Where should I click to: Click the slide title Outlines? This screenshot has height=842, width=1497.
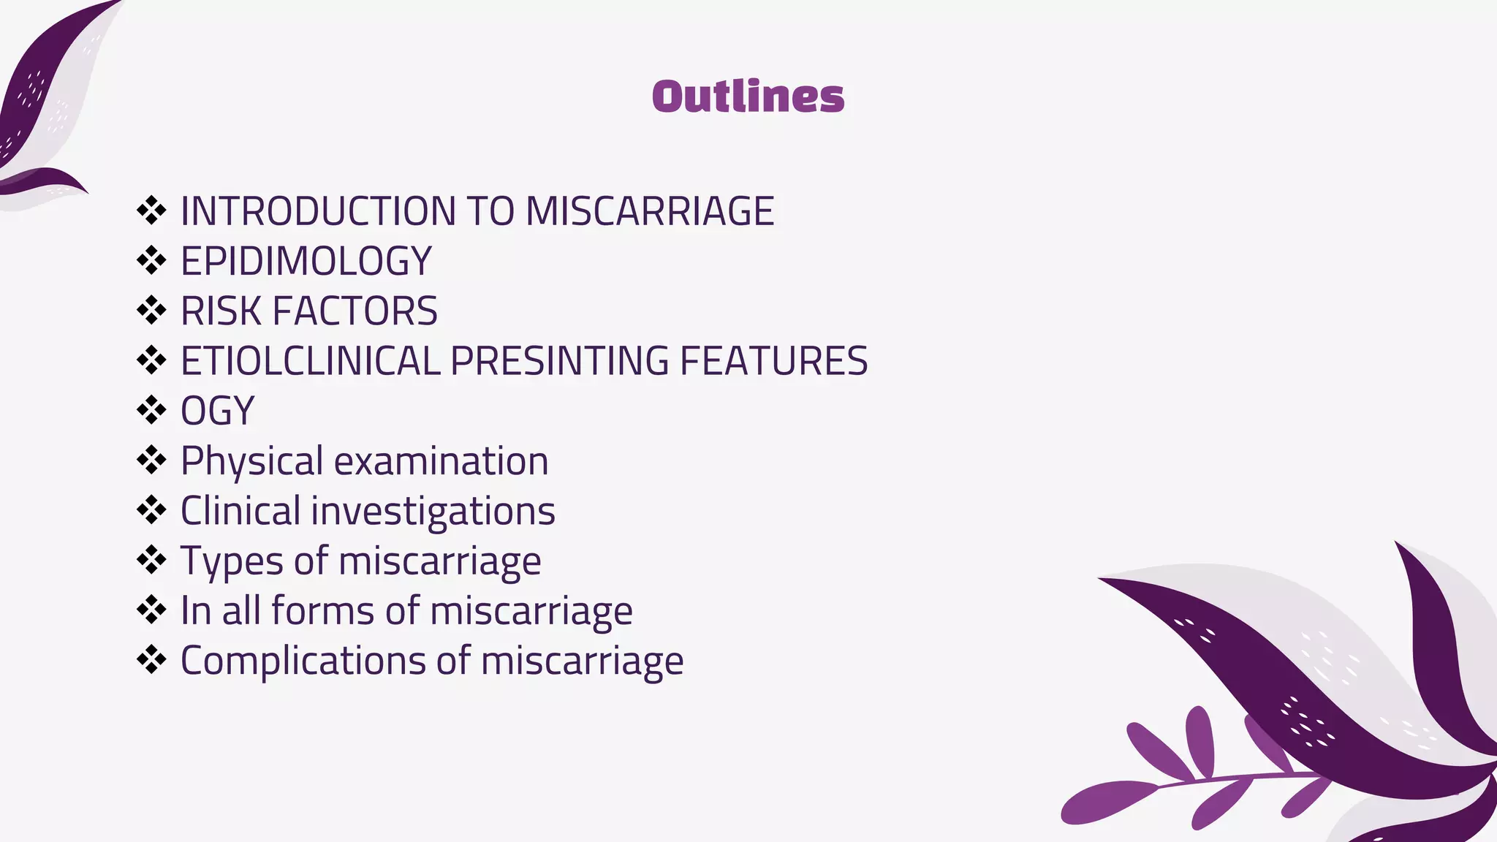pos(748,96)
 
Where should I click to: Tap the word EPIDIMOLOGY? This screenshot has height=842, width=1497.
pos(306,261)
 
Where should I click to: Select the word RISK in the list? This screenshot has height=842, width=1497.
pos(220,311)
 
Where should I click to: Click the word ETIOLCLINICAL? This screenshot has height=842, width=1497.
pos(310,361)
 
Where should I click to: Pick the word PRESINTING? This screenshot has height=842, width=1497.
pos(559,361)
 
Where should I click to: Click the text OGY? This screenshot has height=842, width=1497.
pos(217,411)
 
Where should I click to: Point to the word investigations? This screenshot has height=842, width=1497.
pos(433,511)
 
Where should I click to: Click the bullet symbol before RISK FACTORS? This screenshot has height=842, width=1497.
pos(151,311)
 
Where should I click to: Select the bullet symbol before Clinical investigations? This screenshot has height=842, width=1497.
pos(151,510)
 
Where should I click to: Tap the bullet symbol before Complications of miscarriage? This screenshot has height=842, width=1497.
pos(151,660)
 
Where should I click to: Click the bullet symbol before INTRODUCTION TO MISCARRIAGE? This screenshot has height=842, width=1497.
pos(151,210)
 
